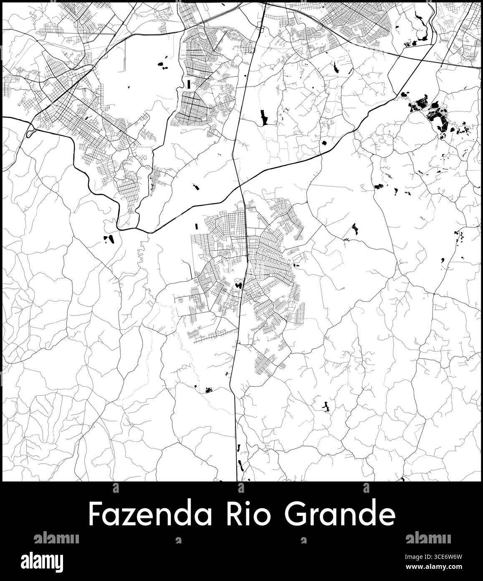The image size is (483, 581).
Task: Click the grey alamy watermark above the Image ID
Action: coord(428,538)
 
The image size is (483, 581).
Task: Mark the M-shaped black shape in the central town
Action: coord(239,285)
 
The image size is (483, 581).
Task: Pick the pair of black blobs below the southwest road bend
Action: coord(109,239)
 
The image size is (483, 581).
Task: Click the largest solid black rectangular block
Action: coord(263,117)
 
